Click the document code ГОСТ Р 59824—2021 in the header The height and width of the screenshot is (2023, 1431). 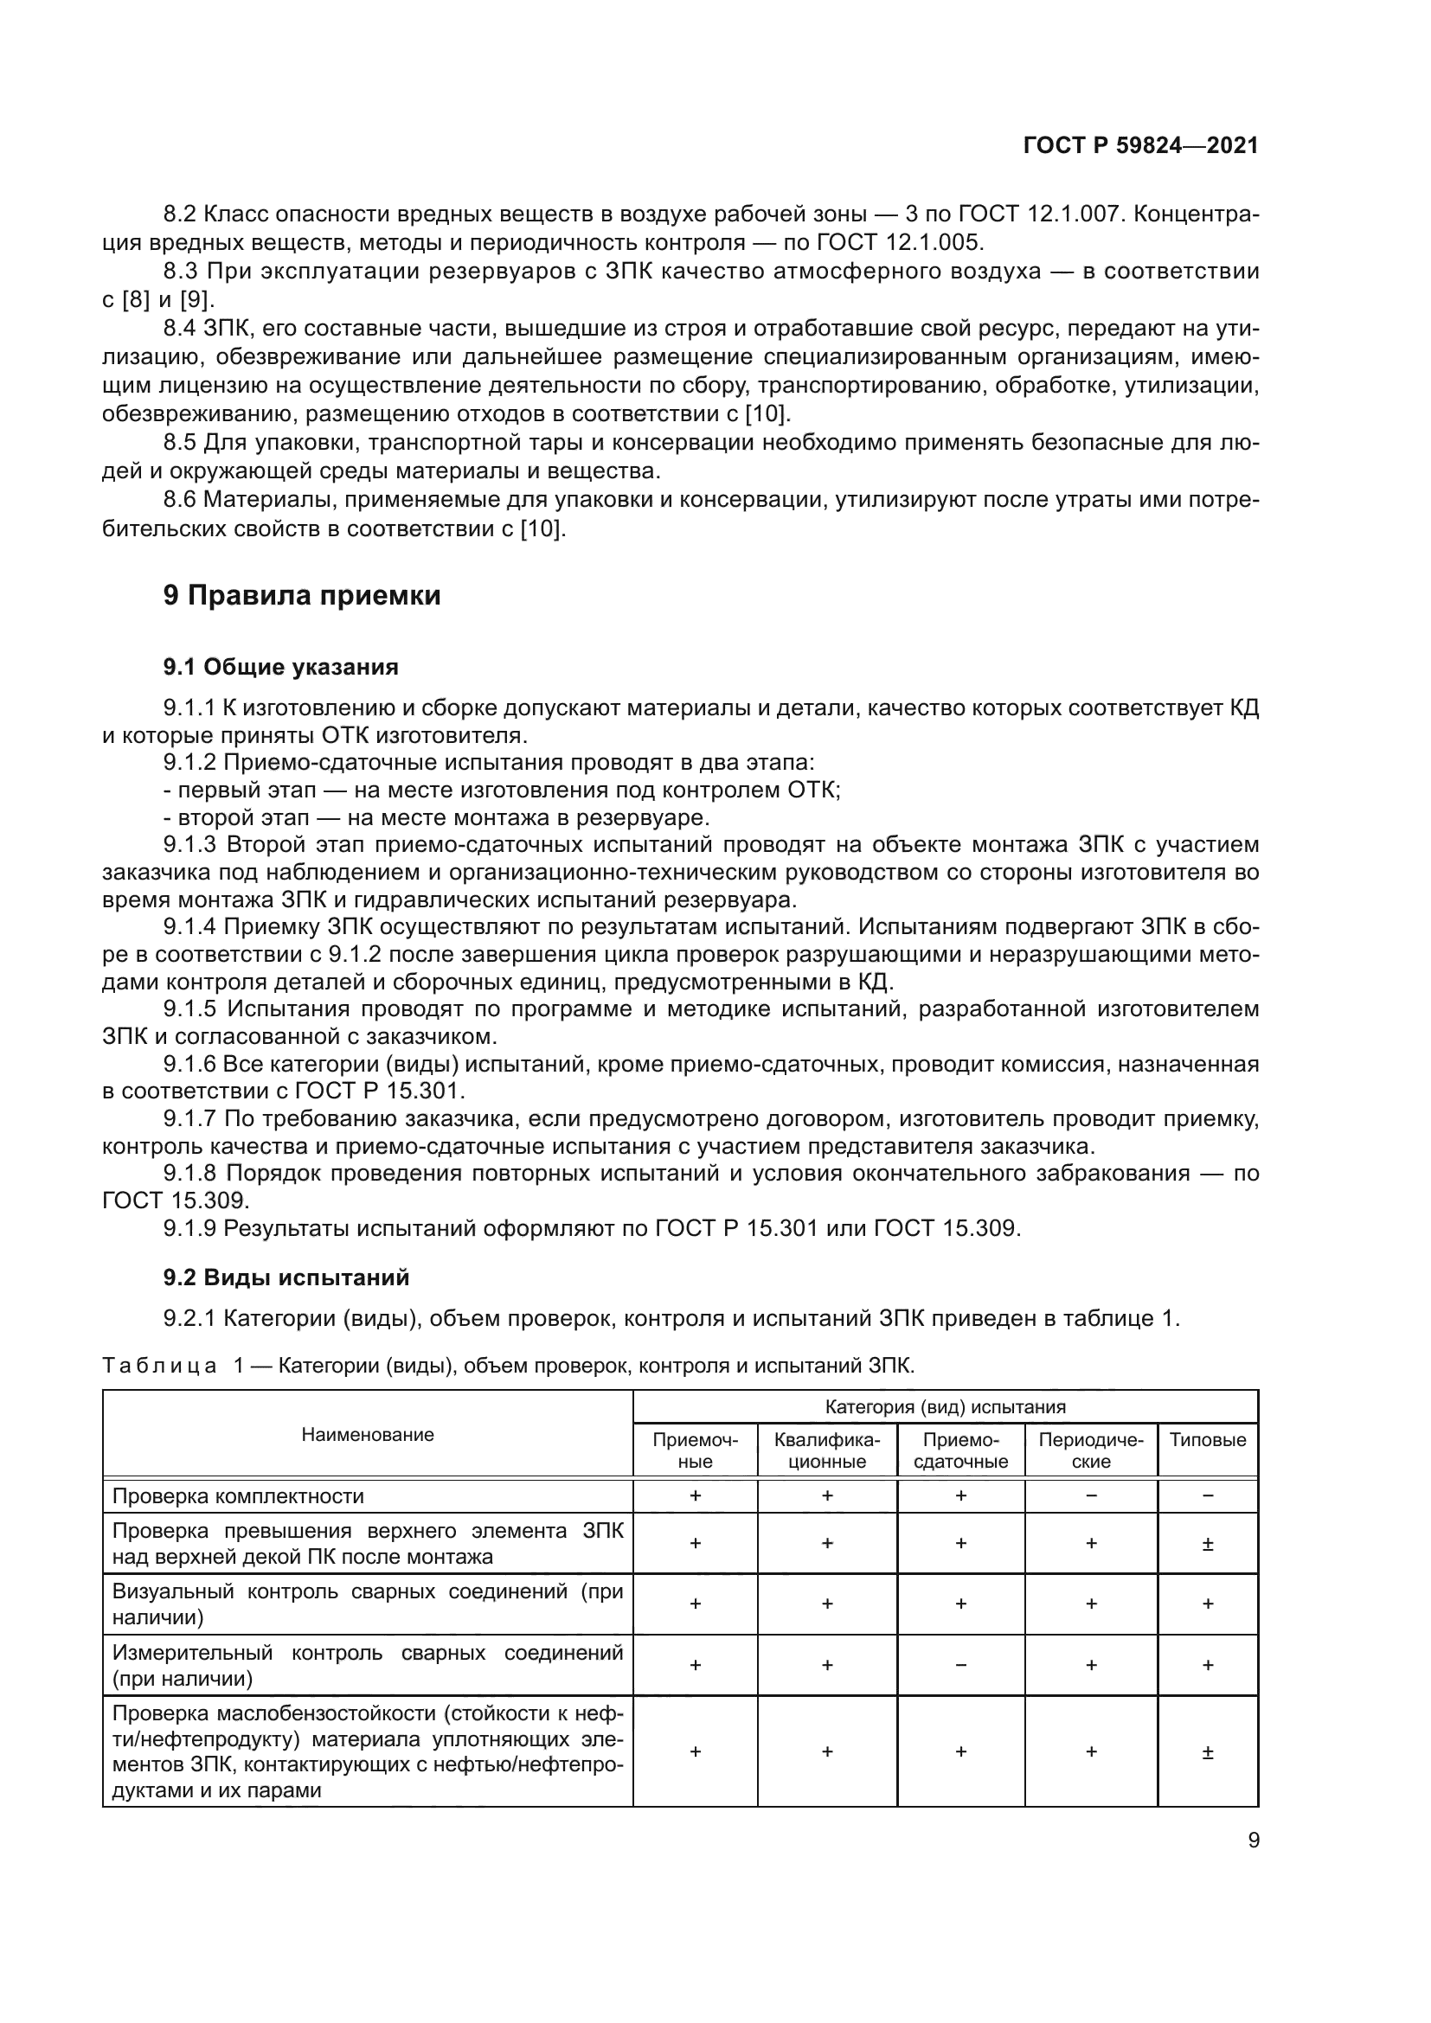(x=1140, y=146)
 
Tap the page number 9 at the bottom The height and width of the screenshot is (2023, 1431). (x=1253, y=1840)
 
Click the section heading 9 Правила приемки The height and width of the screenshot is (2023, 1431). (x=301, y=596)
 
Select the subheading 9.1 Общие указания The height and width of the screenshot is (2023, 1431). (x=280, y=667)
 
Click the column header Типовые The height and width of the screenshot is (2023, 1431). (x=1207, y=1440)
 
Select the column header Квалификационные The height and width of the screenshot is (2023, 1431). (x=826, y=1450)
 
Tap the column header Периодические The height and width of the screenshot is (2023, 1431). (x=1090, y=1450)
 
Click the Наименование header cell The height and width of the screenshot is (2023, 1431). (x=368, y=1434)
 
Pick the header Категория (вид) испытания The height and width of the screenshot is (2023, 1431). (x=945, y=1407)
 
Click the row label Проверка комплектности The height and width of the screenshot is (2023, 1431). (x=238, y=1496)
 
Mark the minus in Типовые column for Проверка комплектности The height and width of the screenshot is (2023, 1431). (x=1207, y=1496)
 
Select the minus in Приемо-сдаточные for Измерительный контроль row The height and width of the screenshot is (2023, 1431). (x=960, y=1665)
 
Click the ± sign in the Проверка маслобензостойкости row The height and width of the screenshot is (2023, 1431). (x=1207, y=1751)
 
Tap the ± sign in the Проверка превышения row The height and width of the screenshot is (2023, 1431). (x=1207, y=1544)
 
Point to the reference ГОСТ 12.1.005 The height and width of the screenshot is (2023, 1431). (x=899, y=242)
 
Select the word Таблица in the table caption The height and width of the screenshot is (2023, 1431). (x=158, y=1366)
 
